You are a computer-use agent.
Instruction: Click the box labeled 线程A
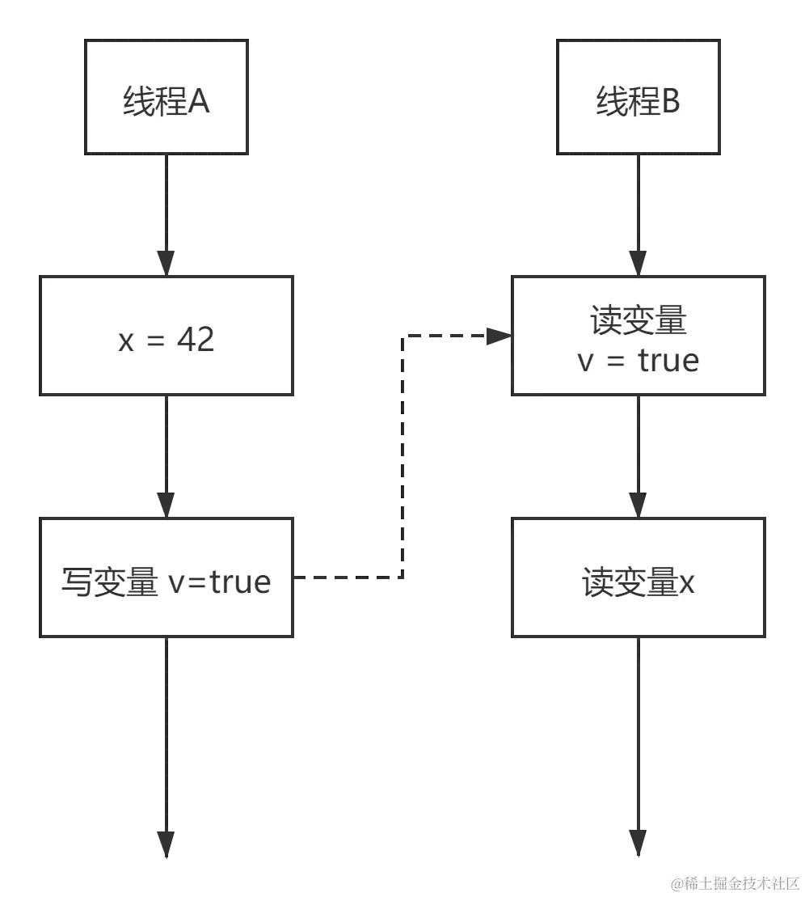[x=167, y=97]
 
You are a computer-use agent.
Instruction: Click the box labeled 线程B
[x=639, y=97]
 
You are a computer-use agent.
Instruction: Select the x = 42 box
[x=166, y=336]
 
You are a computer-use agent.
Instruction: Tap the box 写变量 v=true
[x=166, y=578]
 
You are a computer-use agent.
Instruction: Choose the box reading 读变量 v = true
[x=639, y=336]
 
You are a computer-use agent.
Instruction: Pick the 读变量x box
[x=639, y=578]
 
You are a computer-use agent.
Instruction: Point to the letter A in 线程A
[x=199, y=104]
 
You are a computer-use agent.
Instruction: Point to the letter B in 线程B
[x=670, y=104]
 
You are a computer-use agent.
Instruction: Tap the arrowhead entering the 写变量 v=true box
[x=165, y=503]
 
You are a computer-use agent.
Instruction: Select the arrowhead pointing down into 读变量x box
[x=637, y=503]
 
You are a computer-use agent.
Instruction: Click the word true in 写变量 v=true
[x=240, y=582]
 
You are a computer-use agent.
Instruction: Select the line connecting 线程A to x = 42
[x=165, y=202]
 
